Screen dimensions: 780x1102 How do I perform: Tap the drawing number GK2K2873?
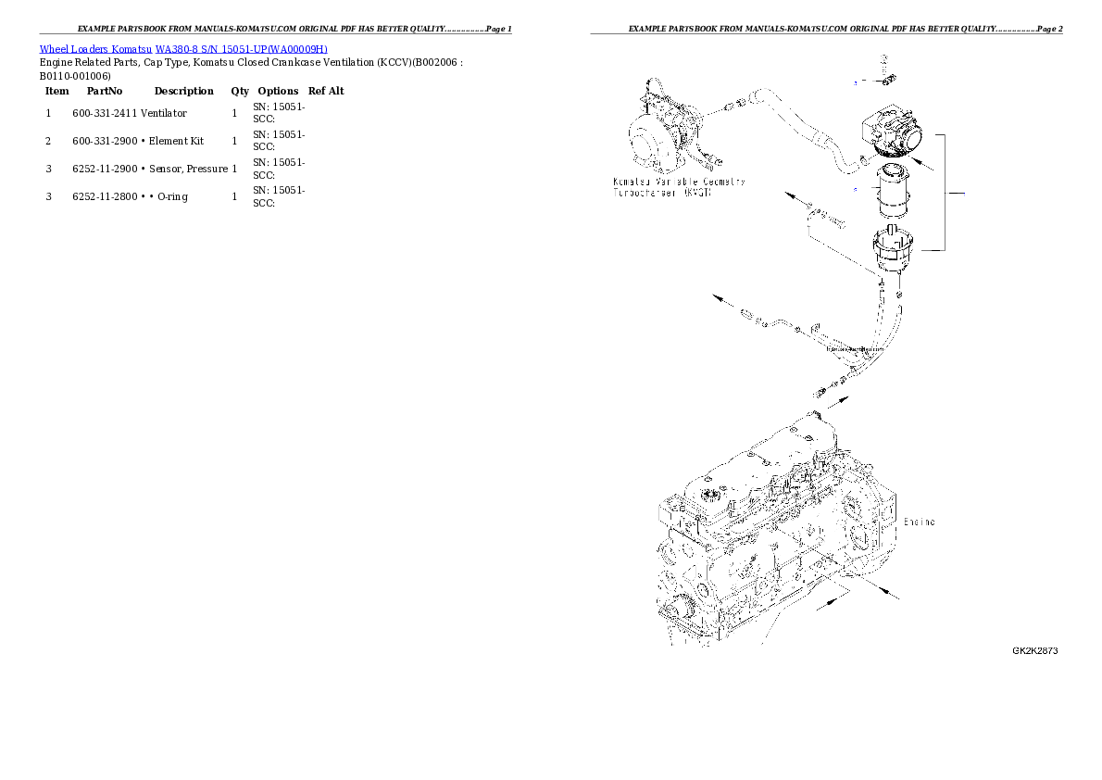tap(1034, 650)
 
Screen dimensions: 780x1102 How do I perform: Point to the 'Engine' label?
tap(919, 522)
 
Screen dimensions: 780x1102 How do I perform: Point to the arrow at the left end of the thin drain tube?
tap(719, 297)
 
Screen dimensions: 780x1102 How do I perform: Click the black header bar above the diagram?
tap(826, 33)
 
